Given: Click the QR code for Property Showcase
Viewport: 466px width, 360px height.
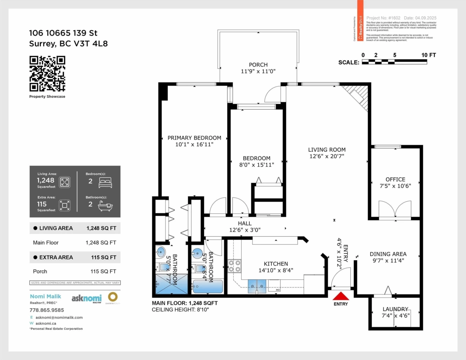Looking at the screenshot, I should [47, 74].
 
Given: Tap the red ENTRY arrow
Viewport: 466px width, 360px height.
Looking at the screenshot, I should [341, 296].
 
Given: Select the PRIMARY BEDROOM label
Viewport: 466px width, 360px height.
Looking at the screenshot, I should [194, 138].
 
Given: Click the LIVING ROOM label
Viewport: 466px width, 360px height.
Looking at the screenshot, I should [327, 150].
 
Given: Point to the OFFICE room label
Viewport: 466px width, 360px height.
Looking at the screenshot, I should [395, 179].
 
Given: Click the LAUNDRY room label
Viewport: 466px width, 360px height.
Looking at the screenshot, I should [395, 309].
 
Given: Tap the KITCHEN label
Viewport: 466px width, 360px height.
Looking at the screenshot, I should [276, 264].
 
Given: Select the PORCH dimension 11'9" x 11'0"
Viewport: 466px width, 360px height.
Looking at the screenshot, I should [258, 71].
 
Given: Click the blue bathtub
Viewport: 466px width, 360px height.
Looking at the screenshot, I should [208, 287].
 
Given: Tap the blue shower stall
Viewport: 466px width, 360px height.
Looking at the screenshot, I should [171, 284].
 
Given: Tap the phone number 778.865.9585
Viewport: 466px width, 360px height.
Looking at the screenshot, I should [47, 310].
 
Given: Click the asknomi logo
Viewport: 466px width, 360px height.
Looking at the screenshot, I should [86, 298].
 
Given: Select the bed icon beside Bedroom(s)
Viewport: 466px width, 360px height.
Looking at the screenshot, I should [105, 182].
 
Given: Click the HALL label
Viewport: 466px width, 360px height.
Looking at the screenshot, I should [245, 223].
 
